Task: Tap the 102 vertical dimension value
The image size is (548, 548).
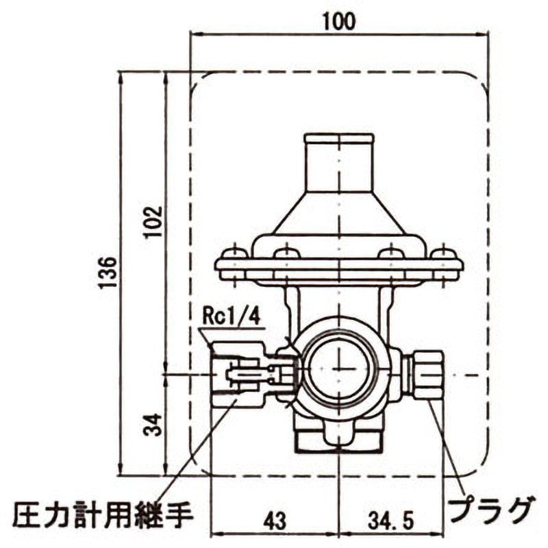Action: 155,221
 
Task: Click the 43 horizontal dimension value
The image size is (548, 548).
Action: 274,519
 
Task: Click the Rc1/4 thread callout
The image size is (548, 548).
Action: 232,317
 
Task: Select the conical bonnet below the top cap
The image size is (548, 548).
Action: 339,212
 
